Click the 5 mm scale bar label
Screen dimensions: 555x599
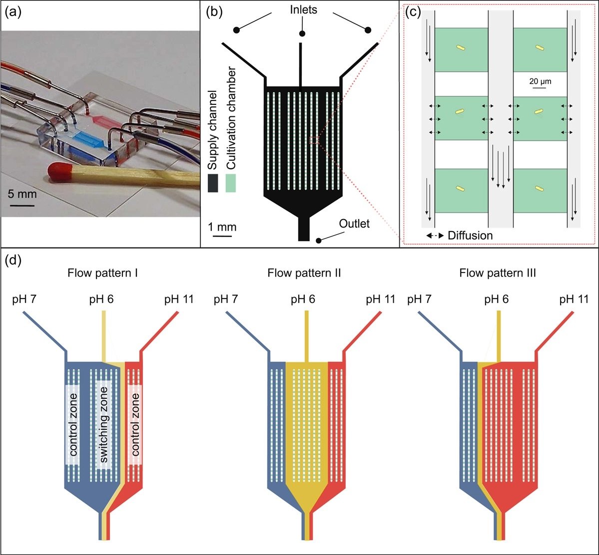pos(21,193)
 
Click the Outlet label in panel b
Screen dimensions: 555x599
pos(354,224)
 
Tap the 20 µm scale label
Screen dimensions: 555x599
pos(541,80)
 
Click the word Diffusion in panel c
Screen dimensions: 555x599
pos(470,235)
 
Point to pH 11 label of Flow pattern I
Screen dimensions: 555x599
pos(179,299)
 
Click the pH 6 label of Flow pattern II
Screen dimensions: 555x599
pos(304,299)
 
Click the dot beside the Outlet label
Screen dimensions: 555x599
pos(319,240)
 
